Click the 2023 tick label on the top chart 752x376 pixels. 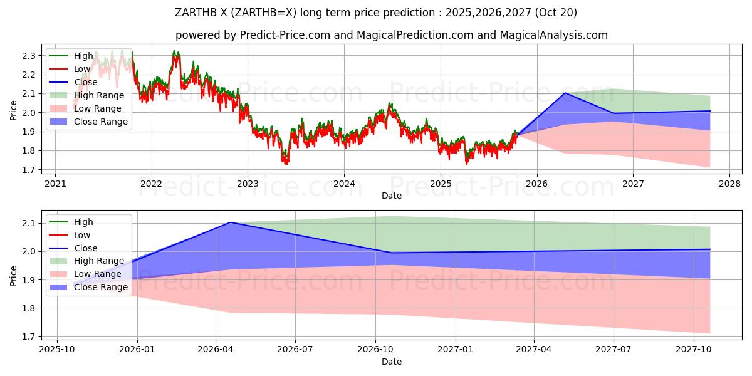pos(248,184)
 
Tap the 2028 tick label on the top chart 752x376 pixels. pos(729,184)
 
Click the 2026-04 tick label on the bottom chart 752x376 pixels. pos(216,349)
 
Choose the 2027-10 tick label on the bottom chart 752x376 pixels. pos(694,349)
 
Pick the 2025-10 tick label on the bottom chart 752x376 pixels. pos(57,349)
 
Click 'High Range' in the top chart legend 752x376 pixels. pos(99,95)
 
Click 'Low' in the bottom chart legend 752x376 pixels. pos(82,235)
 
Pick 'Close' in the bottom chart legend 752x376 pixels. pos(86,248)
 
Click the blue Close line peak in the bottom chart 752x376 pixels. pos(231,222)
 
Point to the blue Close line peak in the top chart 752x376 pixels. pos(565,93)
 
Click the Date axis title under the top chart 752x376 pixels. pos(392,196)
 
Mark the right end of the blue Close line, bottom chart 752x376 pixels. pos(710,249)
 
